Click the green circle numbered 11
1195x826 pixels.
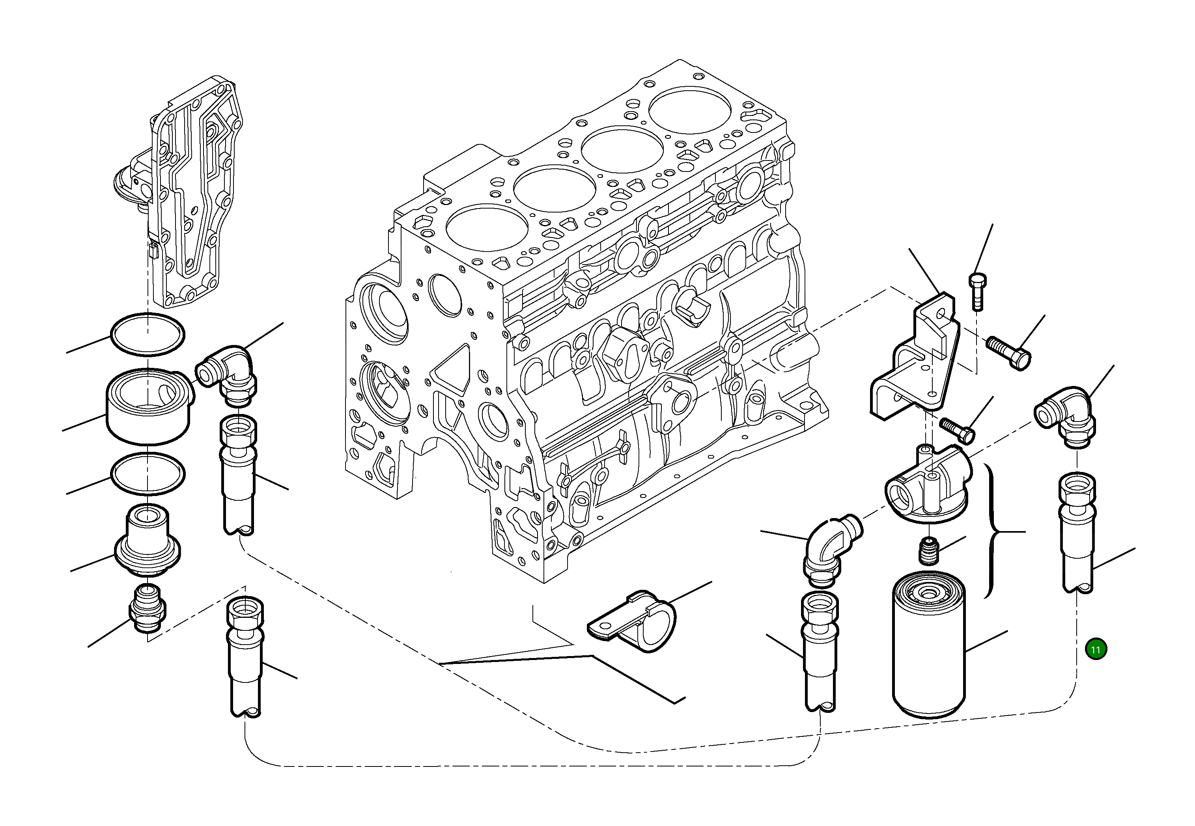(x=1096, y=649)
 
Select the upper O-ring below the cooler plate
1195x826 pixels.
(x=148, y=334)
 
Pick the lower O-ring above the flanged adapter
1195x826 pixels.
(x=148, y=474)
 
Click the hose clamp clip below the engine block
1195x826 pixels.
(x=634, y=621)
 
